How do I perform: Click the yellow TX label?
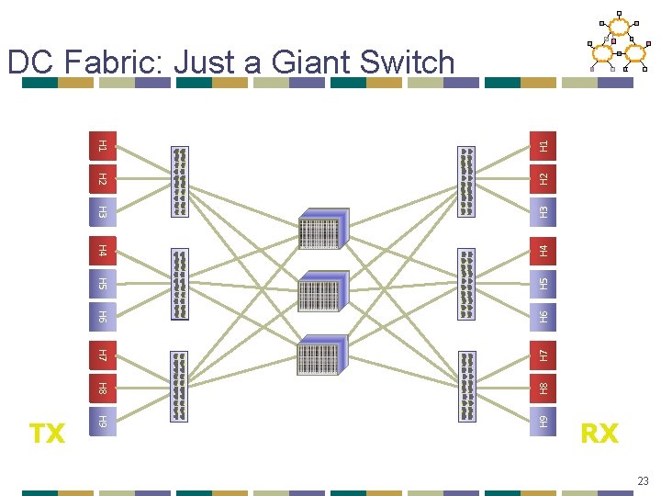(x=48, y=433)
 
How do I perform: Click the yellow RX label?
(x=599, y=433)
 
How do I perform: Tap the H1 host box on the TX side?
(x=103, y=144)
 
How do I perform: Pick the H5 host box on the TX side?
(x=103, y=283)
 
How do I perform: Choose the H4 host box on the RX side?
(x=543, y=249)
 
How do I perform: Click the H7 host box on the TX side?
(x=103, y=354)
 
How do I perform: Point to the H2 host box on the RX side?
(x=543, y=178)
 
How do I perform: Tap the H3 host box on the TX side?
(x=103, y=213)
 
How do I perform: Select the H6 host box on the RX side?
(x=543, y=317)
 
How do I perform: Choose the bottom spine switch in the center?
(x=321, y=353)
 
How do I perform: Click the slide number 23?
(x=641, y=479)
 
